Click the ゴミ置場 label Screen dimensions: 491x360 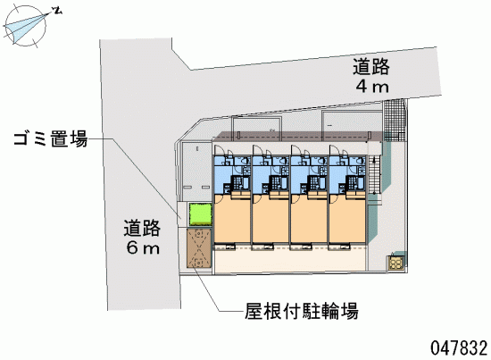[51, 138]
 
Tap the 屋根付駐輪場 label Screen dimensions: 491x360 [302, 311]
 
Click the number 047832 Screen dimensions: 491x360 [459, 347]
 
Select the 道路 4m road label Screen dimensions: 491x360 [371, 76]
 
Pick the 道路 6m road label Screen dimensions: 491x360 [142, 237]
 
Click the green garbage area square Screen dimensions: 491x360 [200, 214]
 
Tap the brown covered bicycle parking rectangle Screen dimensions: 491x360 [199, 247]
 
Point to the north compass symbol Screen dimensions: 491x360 [26, 26]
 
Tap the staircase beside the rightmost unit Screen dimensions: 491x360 [374, 175]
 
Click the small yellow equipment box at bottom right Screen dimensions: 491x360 [396, 263]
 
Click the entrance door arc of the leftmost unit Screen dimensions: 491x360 [218, 150]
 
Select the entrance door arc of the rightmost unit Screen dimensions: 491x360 [334, 150]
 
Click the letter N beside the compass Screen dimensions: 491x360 [58, 11]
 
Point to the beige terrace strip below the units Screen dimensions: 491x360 [289, 260]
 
